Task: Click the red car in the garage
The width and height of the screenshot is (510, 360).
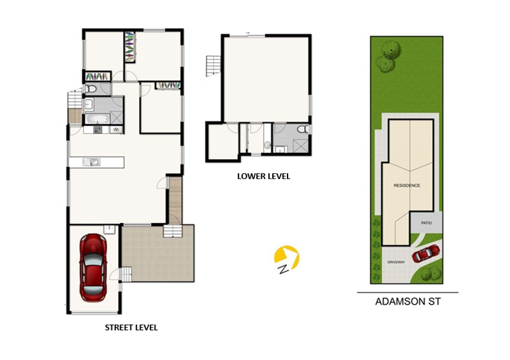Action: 93,268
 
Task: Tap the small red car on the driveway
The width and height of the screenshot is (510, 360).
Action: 426,254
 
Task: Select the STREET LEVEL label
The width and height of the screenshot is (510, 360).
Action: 131,328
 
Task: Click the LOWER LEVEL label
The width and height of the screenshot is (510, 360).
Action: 263,176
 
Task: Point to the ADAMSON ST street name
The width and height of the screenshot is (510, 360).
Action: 408,301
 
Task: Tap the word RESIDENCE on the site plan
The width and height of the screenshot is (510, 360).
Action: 407,185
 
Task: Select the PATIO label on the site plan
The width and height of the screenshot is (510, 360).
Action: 426,223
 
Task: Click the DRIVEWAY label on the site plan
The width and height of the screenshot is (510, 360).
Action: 396,262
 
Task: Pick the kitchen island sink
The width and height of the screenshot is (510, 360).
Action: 91,162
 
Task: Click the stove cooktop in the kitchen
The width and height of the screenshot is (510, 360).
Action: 98,130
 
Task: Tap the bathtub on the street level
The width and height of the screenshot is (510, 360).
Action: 98,119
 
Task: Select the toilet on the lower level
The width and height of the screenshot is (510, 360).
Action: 303,129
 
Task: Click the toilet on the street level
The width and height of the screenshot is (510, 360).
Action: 91,89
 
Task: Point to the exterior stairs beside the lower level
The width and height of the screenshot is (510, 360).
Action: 213,66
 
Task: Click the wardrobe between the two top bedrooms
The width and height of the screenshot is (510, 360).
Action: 130,47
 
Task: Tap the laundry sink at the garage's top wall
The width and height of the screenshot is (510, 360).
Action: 109,229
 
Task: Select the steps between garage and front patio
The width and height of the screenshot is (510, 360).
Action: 126,274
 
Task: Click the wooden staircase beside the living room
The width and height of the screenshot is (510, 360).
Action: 175,200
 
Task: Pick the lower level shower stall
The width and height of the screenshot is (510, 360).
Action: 300,146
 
